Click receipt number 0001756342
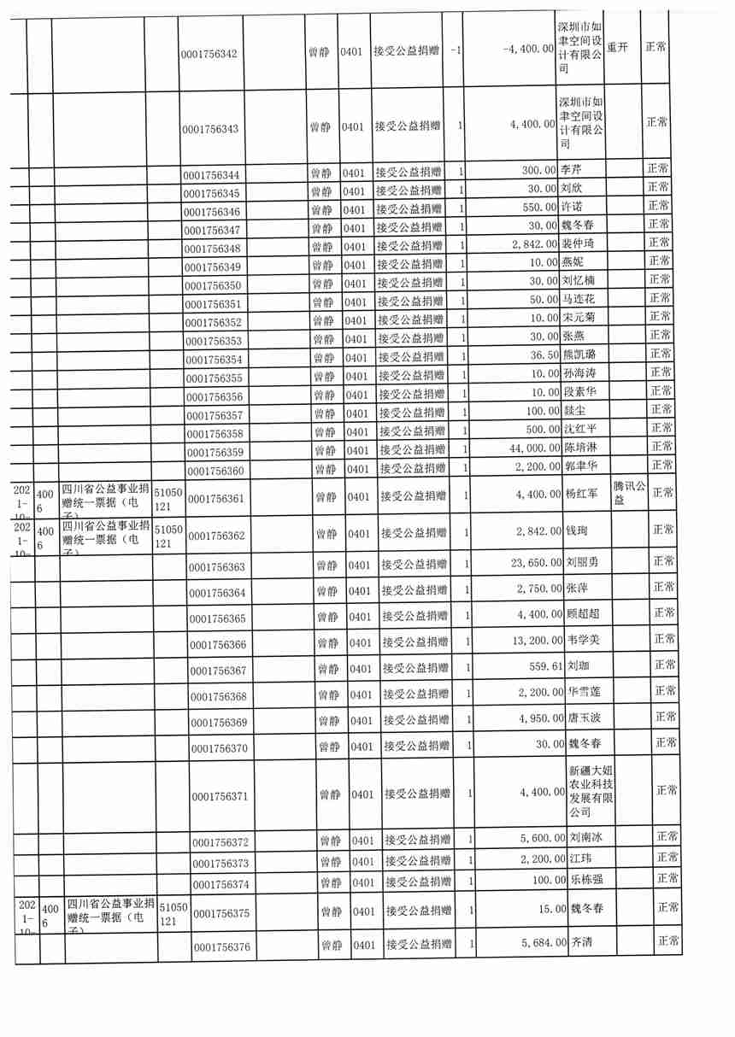click(209, 54)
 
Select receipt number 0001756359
click(215, 452)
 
